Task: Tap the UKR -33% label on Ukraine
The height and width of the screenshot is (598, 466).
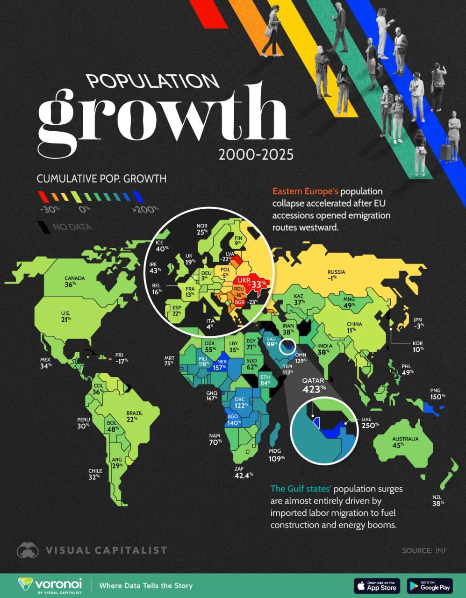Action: (x=251, y=283)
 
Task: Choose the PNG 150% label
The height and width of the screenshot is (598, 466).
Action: (x=437, y=393)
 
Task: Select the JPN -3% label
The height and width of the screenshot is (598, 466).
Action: (x=419, y=322)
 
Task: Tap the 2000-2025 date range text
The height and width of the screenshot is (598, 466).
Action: (x=256, y=155)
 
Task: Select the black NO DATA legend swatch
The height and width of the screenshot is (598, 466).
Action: (x=44, y=227)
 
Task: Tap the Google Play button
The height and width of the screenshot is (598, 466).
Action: (x=429, y=585)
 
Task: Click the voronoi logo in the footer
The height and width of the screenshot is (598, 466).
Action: (x=50, y=585)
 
